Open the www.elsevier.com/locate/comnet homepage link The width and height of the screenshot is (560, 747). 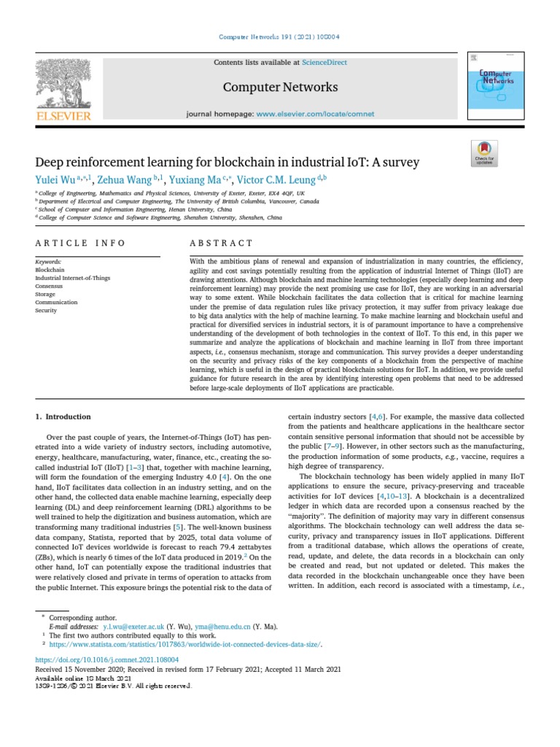point(315,114)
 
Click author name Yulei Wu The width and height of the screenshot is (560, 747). point(61,180)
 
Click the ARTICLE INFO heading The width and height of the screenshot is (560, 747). point(81,243)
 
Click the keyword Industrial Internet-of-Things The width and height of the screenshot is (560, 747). point(72,278)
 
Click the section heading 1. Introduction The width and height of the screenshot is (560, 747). point(63,417)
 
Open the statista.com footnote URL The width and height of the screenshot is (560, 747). point(185,644)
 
